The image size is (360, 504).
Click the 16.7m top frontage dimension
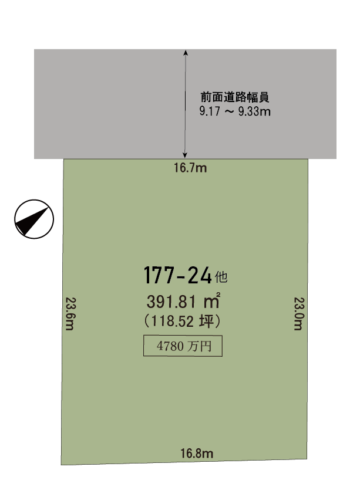pyautogui.click(x=190, y=168)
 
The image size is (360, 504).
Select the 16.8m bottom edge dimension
pyautogui.click(x=197, y=453)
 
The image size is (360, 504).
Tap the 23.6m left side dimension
pyautogui.click(x=70, y=314)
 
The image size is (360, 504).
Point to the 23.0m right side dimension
pyautogui.click(x=299, y=314)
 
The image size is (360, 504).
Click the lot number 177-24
pyautogui.click(x=177, y=275)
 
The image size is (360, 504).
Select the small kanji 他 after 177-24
pyautogui.click(x=221, y=277)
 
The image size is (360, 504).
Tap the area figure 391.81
pyautogui.click(x=171, y=302)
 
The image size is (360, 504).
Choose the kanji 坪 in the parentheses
pyautogui.click(x=206, y=321)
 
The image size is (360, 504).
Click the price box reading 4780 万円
pyautogui.click(x=183, y=346)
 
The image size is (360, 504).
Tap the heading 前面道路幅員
pyautogui.click(x=235, y=97)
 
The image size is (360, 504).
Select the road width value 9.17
pyautogui.click(x=210, y=111)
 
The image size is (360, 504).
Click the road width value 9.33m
pyautogui.click(x=254, y=111)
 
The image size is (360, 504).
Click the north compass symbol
pyautogui.click(x=34, y=219)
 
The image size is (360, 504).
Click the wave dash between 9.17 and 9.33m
pyautogui.click(x=229, y=111)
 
